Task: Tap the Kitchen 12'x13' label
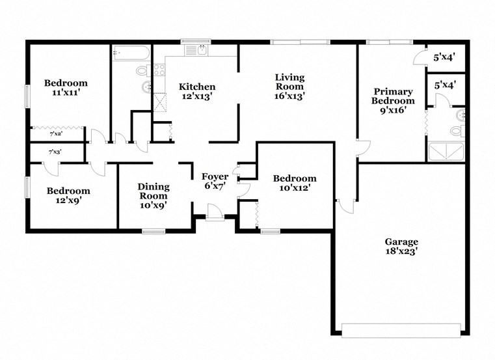[x=197, y=92]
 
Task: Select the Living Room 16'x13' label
[x=290, y=87]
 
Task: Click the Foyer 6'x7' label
[x=215, y=182]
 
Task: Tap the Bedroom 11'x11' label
[x=66, y=88]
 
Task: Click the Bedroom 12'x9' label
[x=68, y=195]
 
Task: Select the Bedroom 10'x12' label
[x=295, y=183]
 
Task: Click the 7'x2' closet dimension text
[x=57, y=133]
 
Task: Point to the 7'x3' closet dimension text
[x=57, y=152]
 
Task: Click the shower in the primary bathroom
[x=446, y=152]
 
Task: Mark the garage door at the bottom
[x=403, y=330]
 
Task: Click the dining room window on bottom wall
[x=154, y=230]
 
